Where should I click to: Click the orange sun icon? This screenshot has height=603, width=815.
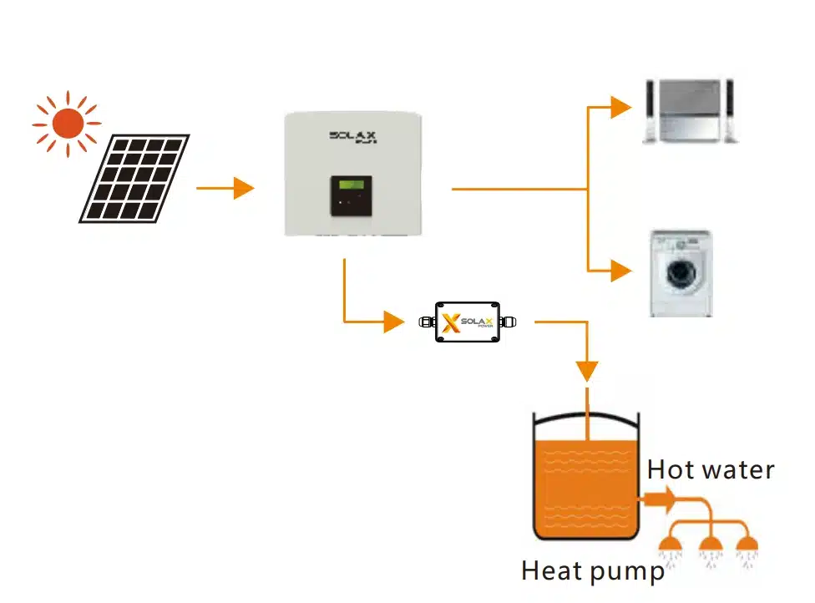click(x=67, y=124)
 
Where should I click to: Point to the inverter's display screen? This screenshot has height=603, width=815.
click(x=350, y=185)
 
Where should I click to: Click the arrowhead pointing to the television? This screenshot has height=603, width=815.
click(x=620, y=107)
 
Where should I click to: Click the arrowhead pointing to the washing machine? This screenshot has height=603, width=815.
click(x=620, y=271)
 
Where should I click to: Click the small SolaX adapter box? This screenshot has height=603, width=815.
click(x=467, y=322)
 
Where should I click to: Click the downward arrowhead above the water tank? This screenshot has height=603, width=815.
click(x=588, y=370)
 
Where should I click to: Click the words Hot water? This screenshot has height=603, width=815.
click(x=711, y=469)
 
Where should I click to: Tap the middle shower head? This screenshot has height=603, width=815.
click(x=711, y=548)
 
